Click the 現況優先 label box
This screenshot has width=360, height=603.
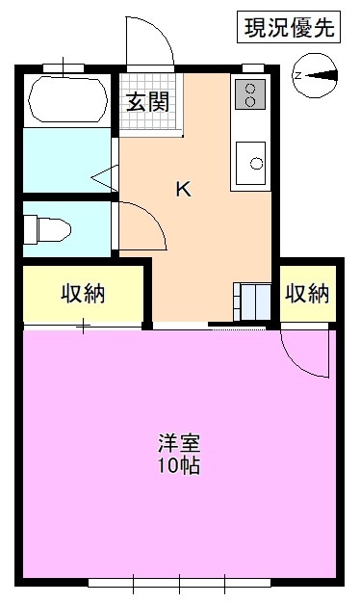tap(287, 29)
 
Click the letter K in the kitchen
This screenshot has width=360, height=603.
tap(183, 189)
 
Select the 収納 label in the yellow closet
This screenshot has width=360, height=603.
tap(83, 294)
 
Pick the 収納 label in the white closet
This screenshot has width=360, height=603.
tap(307, 294)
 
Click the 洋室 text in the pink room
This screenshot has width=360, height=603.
tap(180, 447)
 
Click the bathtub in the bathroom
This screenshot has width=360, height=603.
tap(67, 98)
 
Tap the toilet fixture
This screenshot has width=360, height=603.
tap(48, 229)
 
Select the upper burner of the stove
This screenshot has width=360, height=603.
tap(252, 88)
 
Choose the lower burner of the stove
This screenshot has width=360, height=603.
tap(252, 101)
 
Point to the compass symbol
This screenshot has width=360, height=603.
tap(318, 75)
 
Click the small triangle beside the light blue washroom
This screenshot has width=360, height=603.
tap(107, 176)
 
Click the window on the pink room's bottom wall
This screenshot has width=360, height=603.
tap(180, 582)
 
